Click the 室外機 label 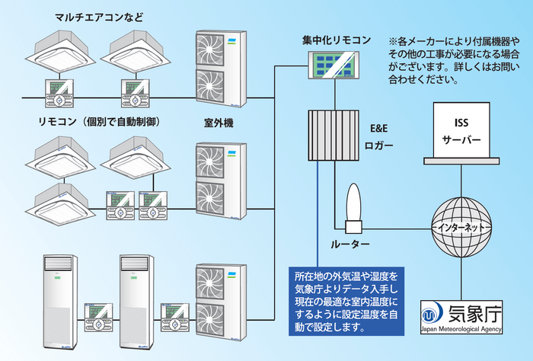[218, 123]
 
